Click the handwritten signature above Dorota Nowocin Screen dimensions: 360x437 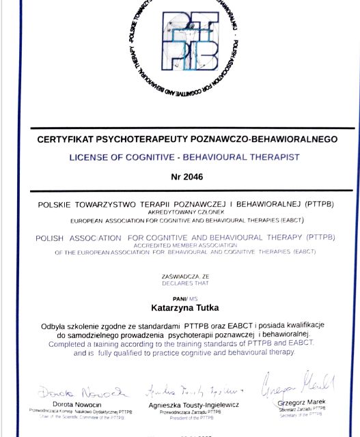[82, 393]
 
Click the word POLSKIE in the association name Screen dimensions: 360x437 [55, 204]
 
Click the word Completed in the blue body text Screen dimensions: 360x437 [71, 344]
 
